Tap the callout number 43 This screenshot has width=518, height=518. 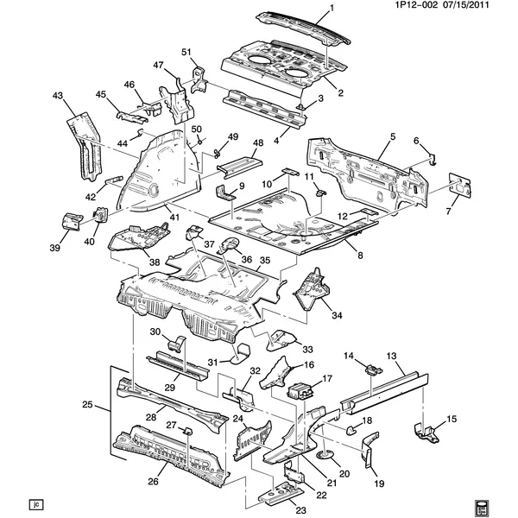coord(58,95)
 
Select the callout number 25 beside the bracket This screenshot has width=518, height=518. coord(86,405)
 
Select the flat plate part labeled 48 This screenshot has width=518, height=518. coord(238,161)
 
